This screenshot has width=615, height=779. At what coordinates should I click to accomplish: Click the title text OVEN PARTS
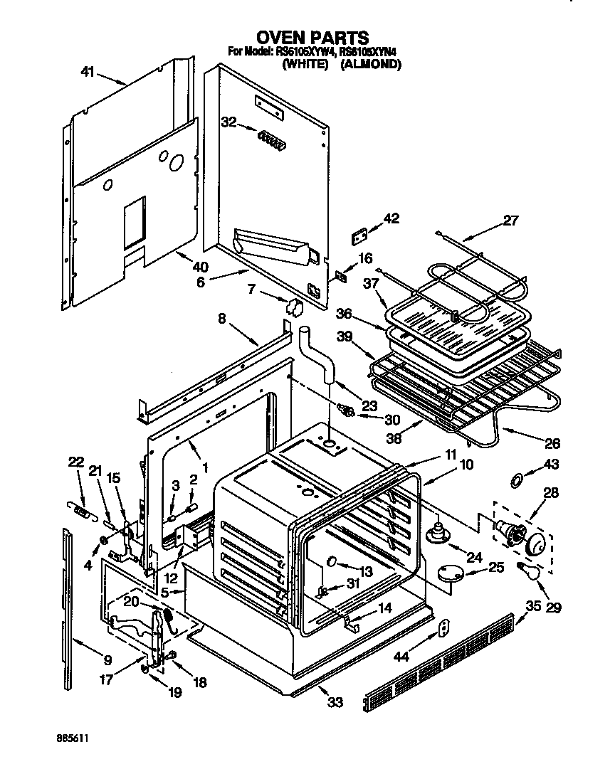pos(312,37)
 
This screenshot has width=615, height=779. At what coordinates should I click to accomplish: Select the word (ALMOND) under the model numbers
pos(370,64)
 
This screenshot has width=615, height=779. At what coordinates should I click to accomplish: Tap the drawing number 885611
pos(75,740)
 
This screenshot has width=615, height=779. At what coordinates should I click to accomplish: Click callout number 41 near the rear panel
pos(88,71)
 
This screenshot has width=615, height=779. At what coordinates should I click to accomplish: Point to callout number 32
pos(228,122)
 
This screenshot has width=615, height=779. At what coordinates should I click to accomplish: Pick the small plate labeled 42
pos(361,235)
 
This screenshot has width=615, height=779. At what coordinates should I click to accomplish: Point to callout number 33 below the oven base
pos(335,702)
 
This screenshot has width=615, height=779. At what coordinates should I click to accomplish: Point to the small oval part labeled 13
pos(332,562)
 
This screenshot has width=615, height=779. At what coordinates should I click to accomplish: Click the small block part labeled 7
pos(293,307)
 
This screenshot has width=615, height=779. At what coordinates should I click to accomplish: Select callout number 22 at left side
pos(75,462)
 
